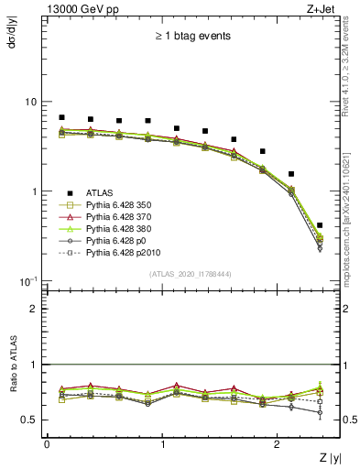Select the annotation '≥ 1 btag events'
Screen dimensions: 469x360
tap(191, 37)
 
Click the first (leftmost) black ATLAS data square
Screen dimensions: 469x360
tap(61, 117)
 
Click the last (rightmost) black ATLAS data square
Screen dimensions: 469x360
tap(319, 224)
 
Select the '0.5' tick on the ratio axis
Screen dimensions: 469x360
tap(30, 420)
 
